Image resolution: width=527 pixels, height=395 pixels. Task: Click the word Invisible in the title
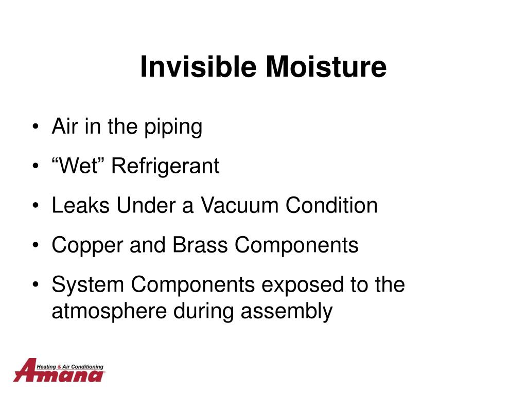(198, 66)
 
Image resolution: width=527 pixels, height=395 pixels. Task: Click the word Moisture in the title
(326, 66)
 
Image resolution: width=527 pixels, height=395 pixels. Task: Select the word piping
(173, 128)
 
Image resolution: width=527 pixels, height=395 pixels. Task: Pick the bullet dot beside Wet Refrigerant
(36, 166)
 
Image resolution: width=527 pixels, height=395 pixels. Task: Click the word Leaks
(81, 205)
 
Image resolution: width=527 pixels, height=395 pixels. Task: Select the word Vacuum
(239, 205)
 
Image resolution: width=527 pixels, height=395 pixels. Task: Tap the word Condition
(331, 205)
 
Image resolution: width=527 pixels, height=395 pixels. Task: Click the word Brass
(200, 244)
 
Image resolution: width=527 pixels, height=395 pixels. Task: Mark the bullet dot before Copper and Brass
(36, 245)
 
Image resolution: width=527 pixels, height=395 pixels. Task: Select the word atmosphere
(109, 310)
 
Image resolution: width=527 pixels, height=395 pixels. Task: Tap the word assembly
(287, 311)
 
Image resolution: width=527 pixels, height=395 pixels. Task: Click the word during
(204, 311)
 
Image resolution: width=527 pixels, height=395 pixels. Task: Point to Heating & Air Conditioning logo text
(70, 367)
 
